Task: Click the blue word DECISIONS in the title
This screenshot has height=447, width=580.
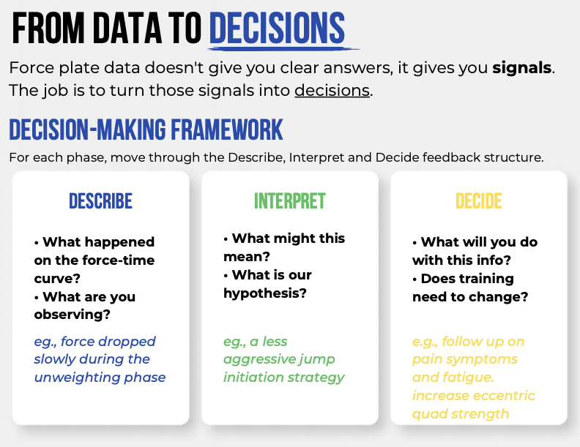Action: pyautogui.click(x=277, y=28)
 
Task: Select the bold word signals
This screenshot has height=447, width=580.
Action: pyautogui.click(x=522, y=68)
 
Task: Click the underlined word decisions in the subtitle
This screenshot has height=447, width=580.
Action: pyautogui.click(x=332, y=91)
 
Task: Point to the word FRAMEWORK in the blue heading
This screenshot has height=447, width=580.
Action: pyautogui.click(x=227, y=129)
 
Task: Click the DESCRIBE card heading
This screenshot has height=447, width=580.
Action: pyautogui.click(x=100, y=201)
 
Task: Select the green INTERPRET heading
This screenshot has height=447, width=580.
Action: pyautogui.click(x=289, y=201)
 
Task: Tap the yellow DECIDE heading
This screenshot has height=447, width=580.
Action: pyautogui.click(x=479, y=201)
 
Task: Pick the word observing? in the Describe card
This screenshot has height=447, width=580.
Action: pyautogui.click(x=72, y=315)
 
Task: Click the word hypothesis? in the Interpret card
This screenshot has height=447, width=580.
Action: pyautogui.click(x=265, y=293)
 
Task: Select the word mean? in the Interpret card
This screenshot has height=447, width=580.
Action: pyautogui.click(x=247, y=257)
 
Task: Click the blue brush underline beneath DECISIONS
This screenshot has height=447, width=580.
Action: pyautogui.click(x=283, y=48)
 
